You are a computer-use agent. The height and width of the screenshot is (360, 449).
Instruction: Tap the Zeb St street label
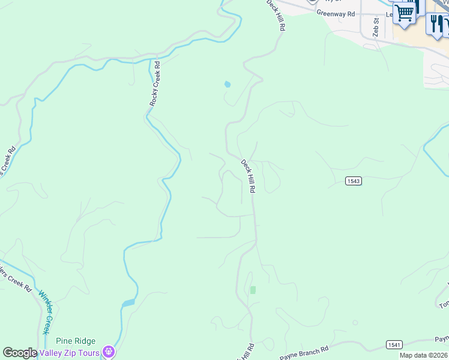[x=376, y=28]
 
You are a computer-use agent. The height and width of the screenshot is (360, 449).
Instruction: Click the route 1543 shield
[x=354, y=181]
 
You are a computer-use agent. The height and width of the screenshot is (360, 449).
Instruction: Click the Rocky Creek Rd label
[x=155, y=84]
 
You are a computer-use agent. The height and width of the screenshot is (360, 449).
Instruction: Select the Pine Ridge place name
[x=76, y=341]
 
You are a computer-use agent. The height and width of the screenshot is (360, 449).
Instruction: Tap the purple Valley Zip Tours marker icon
[x=109, y=352]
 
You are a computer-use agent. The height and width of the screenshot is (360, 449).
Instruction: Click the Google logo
[x=20, y=353]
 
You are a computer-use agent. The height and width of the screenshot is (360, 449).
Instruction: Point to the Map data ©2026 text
[x=424, y=355]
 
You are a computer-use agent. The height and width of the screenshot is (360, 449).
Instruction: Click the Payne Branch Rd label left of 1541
[x=304, y=350]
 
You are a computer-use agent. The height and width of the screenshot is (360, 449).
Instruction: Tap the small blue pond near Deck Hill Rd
[x=227, y=84]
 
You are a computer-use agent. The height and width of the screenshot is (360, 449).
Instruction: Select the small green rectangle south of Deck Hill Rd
[x=253, y=290]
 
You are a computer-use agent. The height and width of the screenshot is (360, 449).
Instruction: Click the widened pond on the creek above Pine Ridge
[x=128, y=303]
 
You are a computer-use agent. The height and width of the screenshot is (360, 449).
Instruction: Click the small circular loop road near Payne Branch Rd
[x=355, y=323]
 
